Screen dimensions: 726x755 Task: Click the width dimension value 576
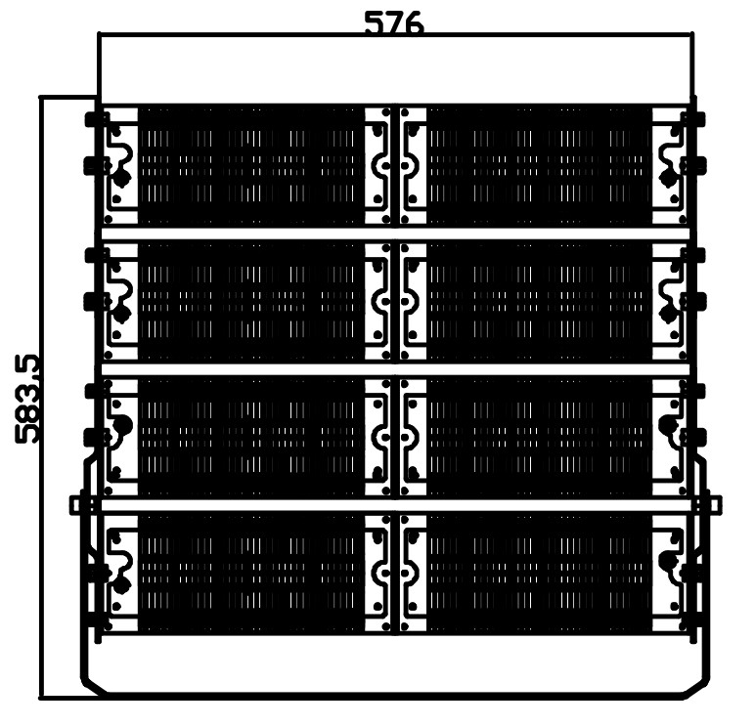(393, 23)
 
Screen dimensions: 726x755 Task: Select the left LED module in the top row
(250, 166)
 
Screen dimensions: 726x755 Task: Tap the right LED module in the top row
(539, 166)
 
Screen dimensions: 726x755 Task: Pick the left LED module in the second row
(250, 302)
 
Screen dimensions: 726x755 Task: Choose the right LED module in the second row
(539, 302)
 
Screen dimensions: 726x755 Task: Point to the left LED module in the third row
(250, 438)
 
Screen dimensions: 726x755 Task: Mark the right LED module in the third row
(539, 438)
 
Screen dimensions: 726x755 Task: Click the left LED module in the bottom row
(250, 574)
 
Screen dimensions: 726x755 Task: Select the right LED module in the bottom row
(539, 574)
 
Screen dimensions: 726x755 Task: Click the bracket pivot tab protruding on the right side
(713, 504)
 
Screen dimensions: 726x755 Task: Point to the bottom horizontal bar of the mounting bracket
(395, 695)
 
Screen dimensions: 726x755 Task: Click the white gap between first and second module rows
(395, 235)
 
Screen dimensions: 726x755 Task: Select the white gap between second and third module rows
(395, 370)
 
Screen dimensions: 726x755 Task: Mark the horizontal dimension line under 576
(395, 36)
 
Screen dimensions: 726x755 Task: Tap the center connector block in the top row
(395, 166)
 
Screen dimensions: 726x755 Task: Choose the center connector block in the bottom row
(395, 574)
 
